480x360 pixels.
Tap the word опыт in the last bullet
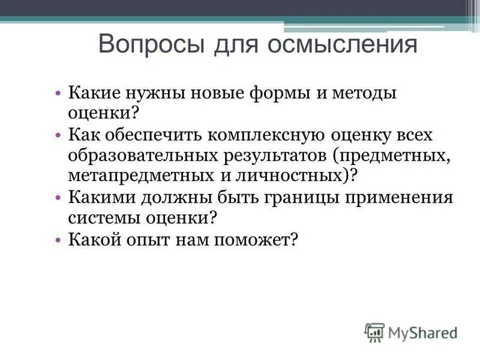(159, 239)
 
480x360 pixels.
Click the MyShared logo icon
(374, 331)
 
